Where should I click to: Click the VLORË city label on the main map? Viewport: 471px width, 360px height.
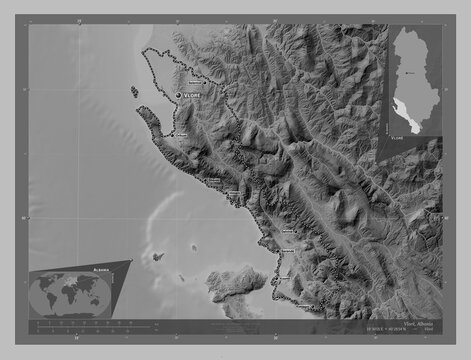192,95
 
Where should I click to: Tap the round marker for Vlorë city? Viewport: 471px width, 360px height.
178,95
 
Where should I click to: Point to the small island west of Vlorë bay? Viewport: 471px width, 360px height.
134,91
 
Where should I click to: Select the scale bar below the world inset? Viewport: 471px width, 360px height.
80,324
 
